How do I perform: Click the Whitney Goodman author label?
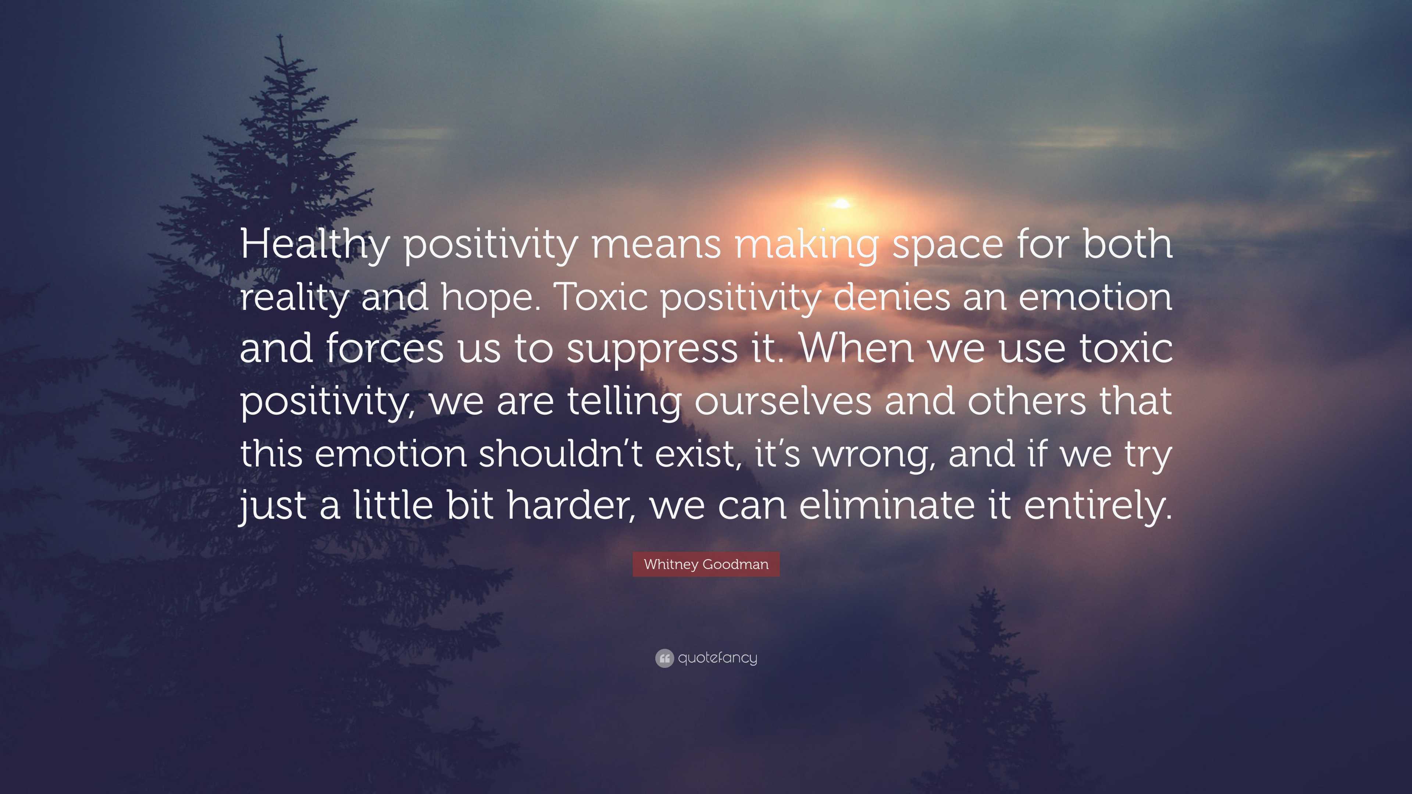[706, 564]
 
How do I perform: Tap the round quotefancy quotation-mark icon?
[664, 658]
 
